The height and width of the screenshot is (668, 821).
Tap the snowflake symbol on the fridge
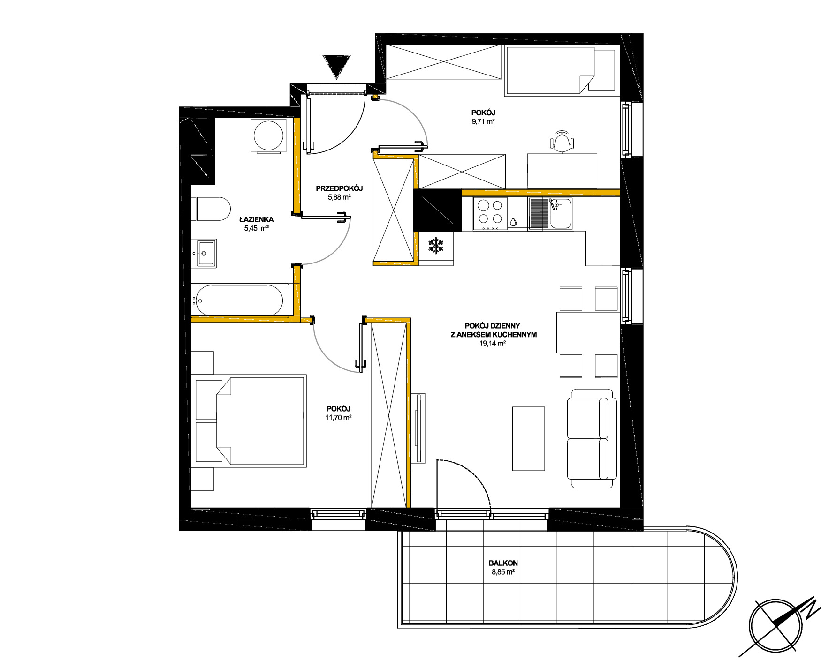click(436, 246)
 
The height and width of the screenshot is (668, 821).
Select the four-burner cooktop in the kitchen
click(490, 214)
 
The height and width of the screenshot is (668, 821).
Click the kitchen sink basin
click(561, 214)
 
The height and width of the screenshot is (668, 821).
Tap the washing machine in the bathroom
click(268, 136)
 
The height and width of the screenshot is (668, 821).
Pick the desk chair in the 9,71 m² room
click(562, 141)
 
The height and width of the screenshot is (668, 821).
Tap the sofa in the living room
click(592, 438)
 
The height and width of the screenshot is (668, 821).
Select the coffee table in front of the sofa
click(528, 438)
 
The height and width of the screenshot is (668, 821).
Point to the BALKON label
click(503, 563)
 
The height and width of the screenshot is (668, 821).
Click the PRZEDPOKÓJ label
click(339, 188)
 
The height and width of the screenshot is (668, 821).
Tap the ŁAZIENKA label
click(256, 219)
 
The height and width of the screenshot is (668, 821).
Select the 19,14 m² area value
click(492, 343)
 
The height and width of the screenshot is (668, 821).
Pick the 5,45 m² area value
click(256, 228)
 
